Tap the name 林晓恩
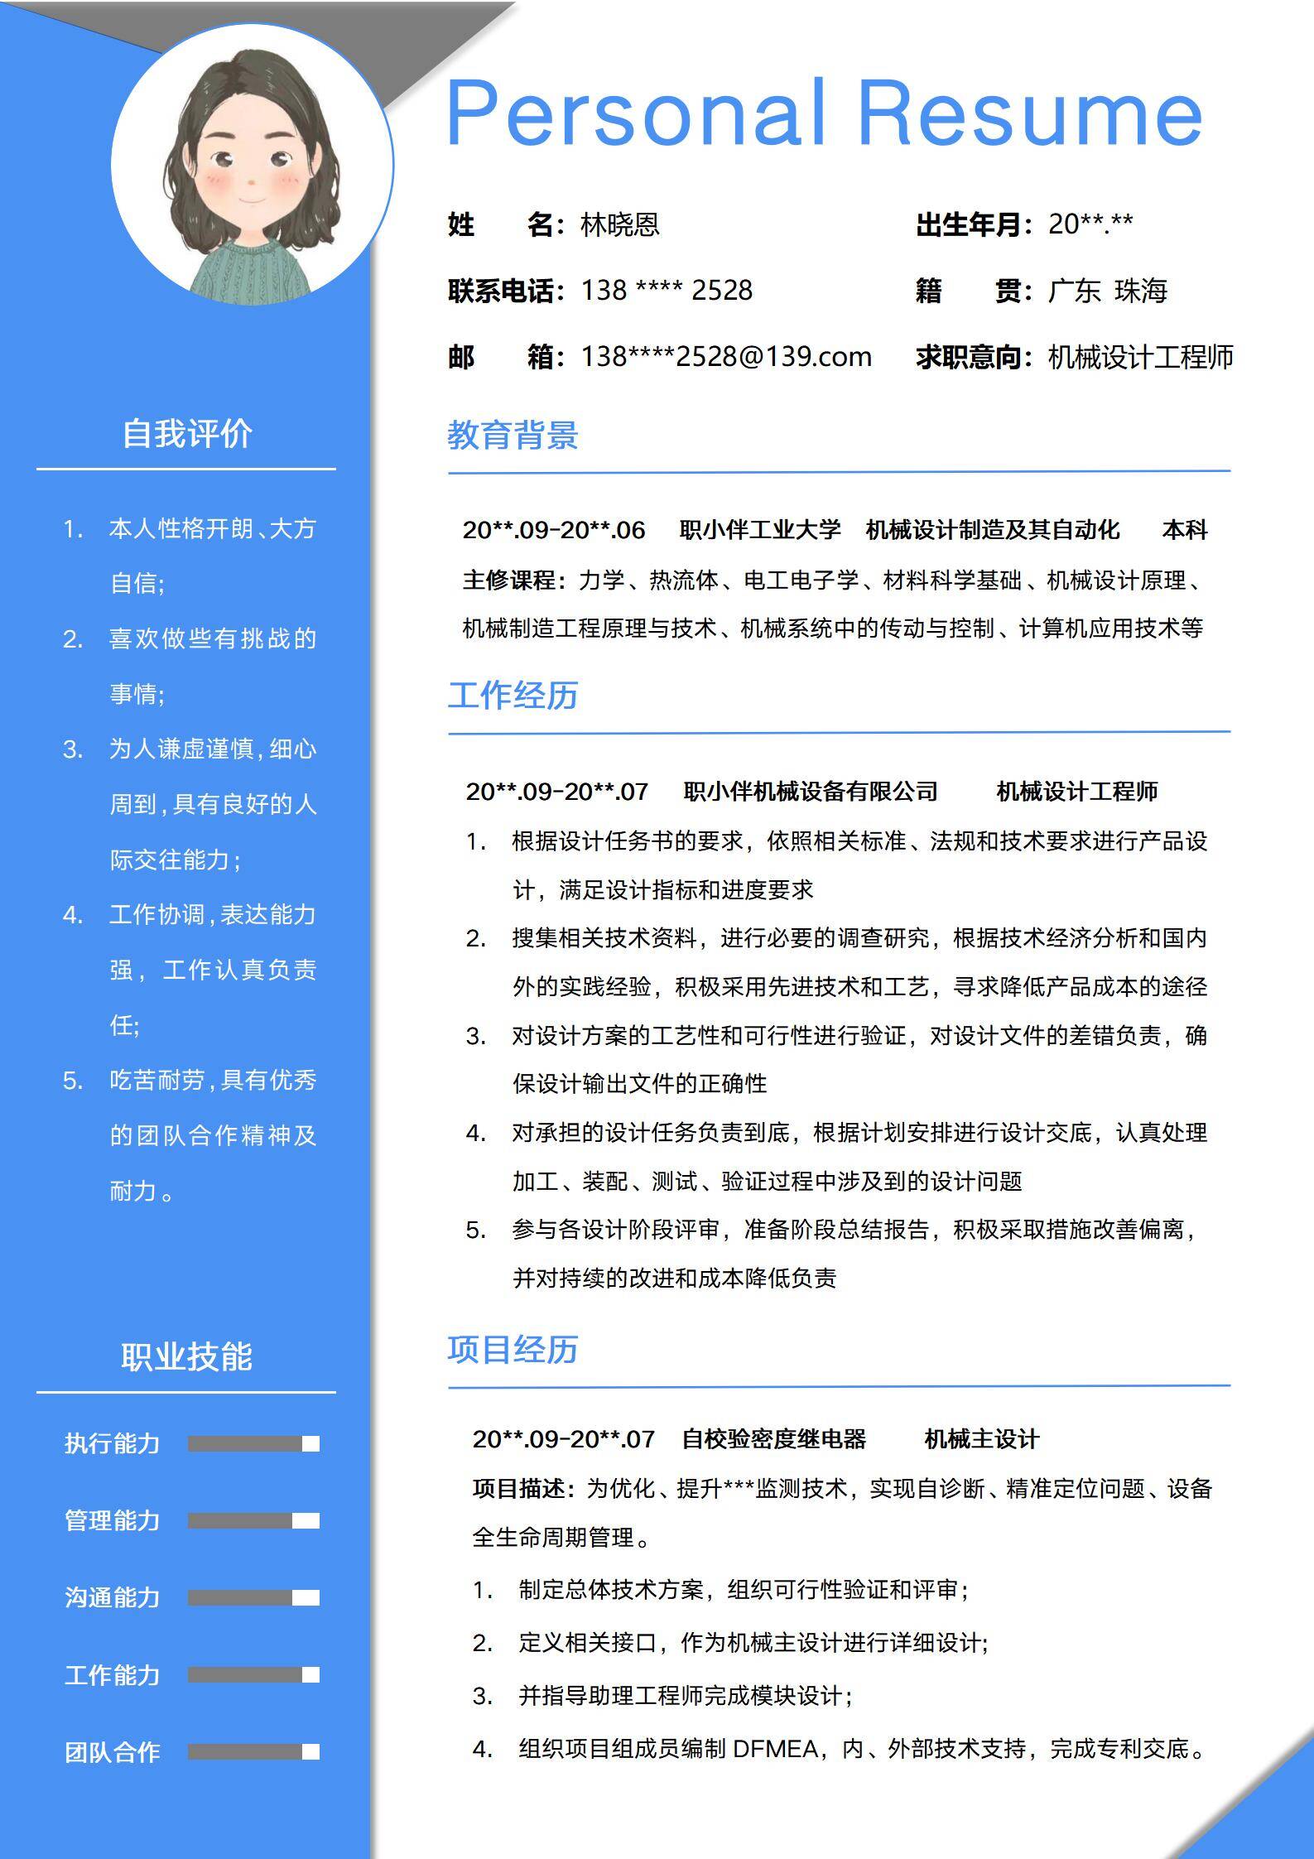point(620,224)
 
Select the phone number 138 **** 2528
point(667,291)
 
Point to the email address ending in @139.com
point(726,357)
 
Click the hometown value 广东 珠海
point(1108,291)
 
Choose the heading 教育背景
point(513,436)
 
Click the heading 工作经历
point(513,696)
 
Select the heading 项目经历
point(513,1350)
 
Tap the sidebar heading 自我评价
point(187,434)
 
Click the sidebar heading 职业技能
point(187,1356)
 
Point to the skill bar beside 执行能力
point(253,1444)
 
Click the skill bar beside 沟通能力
point(253,1598)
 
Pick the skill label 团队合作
point(112,1752)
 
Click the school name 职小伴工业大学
point(759,530)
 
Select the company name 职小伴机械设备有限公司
point(811,792)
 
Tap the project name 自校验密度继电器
point(773,1439)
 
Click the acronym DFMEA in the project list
point(775,1749)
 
